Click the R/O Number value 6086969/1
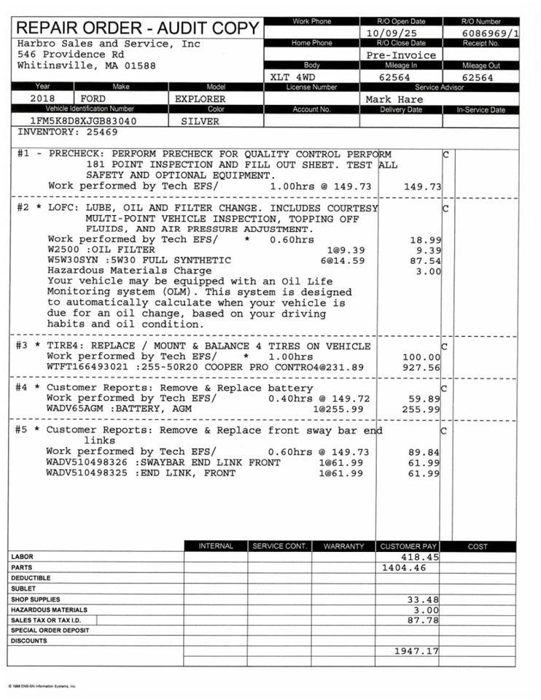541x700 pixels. pyautogui.click(x=491, y=34)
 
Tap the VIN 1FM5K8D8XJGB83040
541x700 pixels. pyautogui.click(x=82, y=121)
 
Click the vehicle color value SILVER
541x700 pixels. pyautogui.click(x=200, y=121)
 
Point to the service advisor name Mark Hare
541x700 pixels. pyautogui.click(x=394, y=99)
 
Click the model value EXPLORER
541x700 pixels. pyautogui.click(x=201, y=98)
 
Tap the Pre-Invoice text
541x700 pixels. pyautogui.click(x=401, y=55)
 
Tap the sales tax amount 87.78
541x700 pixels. pyautogui.click(x=423, y=620)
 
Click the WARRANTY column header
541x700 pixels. pyautogui.click(x=343, y=546)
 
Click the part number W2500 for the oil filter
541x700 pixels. pyautogui.click(x=62, y=249)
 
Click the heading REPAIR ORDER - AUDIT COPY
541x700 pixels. pyautogui.click(x=137, y=28)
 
